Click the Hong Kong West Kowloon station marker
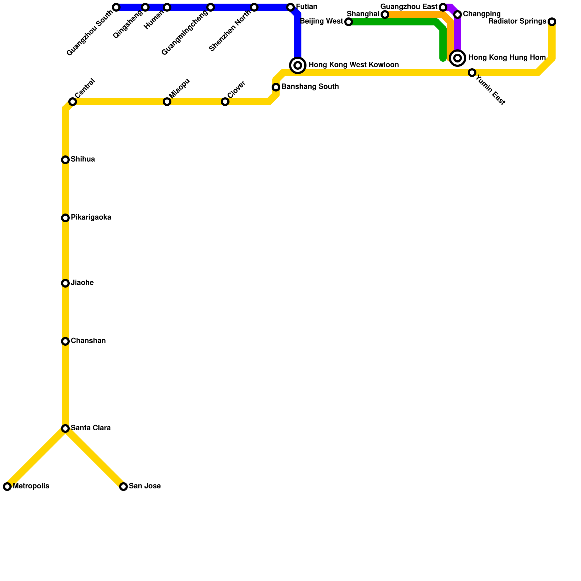[x=298, y=65]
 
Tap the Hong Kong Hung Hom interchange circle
[x=458, y=58]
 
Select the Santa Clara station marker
[x=65, y=428]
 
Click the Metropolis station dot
[x=7, y=487]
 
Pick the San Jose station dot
[x=123, y=487]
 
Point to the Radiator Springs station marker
[x=552, y=22]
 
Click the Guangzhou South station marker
[x=116, y=7]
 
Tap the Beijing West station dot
[x=349, y=22]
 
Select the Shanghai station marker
[x=385, y=15]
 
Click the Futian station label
[x=307, y=7]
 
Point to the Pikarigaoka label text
[x=91, y=218]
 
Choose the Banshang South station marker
[x=276, y=87]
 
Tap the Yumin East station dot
[x=472, y=73]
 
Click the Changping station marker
[x=458, y=15]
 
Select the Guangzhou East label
[x=409, y=7]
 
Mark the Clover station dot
[x=225, y=102]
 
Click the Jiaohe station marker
[x=65, y=283]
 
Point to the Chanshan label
[x=88, y=341]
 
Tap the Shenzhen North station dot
[x=254, y=7]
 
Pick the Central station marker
[x=73, y=102]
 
